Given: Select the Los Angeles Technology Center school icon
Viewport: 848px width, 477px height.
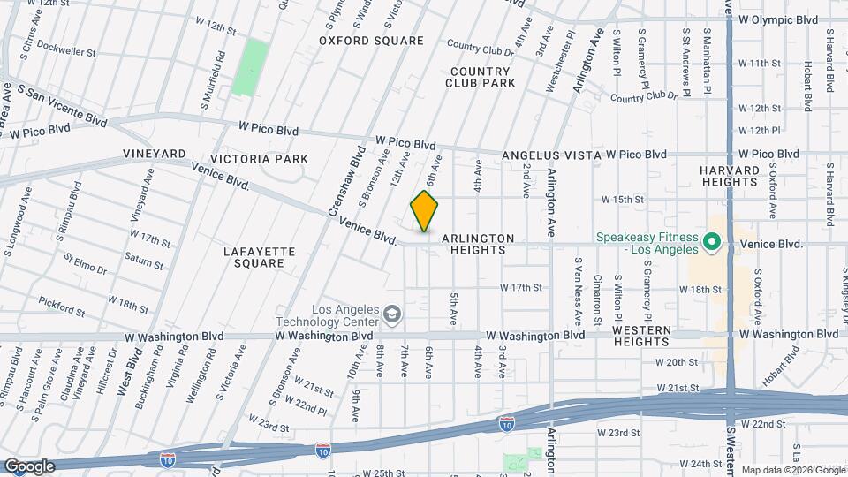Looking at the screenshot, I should coord(390,314).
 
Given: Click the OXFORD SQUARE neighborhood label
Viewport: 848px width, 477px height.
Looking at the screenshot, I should coord(371,41).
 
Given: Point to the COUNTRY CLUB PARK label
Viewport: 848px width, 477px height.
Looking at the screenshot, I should coord(481,77).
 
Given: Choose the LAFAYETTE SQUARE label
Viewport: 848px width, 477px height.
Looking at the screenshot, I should coord(259,257).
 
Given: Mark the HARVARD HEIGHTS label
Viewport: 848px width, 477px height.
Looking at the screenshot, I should coord(730,175).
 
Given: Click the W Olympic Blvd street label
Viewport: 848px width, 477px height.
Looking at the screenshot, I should coord(778,19).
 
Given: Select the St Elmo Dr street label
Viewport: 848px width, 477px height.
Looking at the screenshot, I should coord(84,263).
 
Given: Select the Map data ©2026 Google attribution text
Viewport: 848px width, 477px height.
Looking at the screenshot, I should coord(792,470).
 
